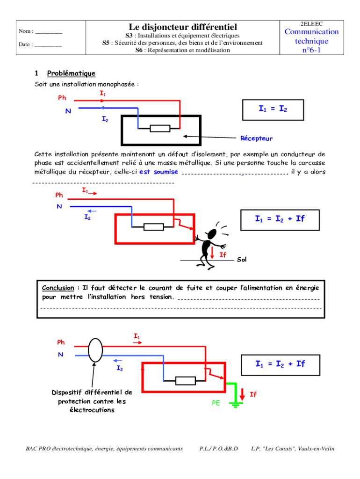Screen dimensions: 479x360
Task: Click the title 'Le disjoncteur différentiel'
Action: [183, 27]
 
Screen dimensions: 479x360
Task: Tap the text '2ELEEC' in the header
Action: [312, 23]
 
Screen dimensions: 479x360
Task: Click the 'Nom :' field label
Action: [26, 31]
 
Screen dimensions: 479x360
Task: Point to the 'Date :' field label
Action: [26, 44]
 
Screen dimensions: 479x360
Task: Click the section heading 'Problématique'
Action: [71, 73]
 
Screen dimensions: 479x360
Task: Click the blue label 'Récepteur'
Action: [256, 138]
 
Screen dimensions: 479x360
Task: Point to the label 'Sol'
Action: [241, 259]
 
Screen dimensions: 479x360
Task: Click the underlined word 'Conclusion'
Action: [58, 288]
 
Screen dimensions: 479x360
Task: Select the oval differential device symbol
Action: [95, 349]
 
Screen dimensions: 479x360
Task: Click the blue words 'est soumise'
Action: [158, 172]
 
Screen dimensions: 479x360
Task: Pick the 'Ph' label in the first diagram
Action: [62, 98]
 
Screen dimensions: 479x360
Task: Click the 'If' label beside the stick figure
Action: [223, 255]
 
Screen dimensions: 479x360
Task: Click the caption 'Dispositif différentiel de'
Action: [92, 392]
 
